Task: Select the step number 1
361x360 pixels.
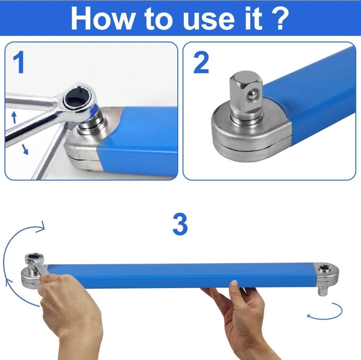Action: (18, 62)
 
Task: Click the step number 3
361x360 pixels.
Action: (180, 224)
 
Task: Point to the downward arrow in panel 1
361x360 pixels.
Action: (25, 149)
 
